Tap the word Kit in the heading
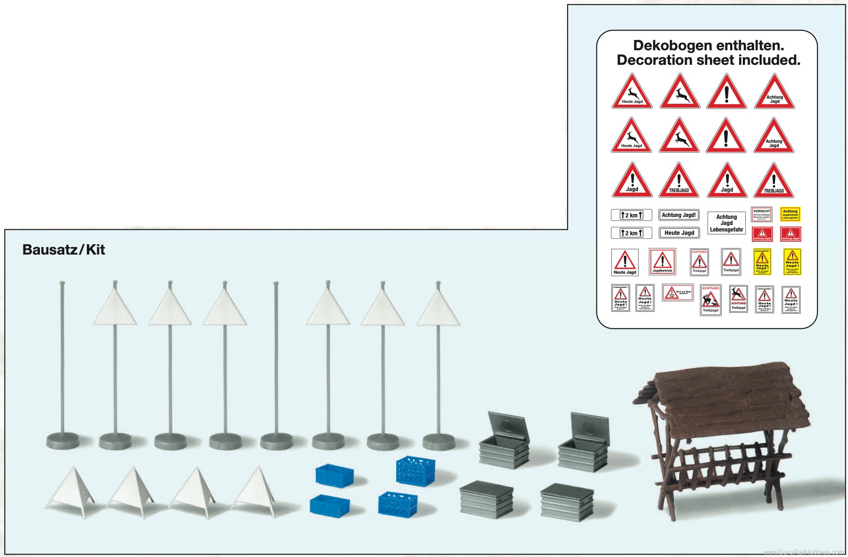click(x=95, y=249)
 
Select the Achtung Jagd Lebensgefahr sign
click(x=726, y=223)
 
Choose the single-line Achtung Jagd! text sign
click(x=678, y=215)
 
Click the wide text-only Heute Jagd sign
click(x=679, y=233)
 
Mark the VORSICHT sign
click(x=762, y=214)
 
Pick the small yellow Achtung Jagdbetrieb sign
click(x=790, y=214)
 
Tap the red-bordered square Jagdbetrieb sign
click(x=663, y=262)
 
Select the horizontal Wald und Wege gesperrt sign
click(x=678, y=293)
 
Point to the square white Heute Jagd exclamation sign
click(x=624, y=262)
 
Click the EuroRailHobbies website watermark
click(x=803, y=552)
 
